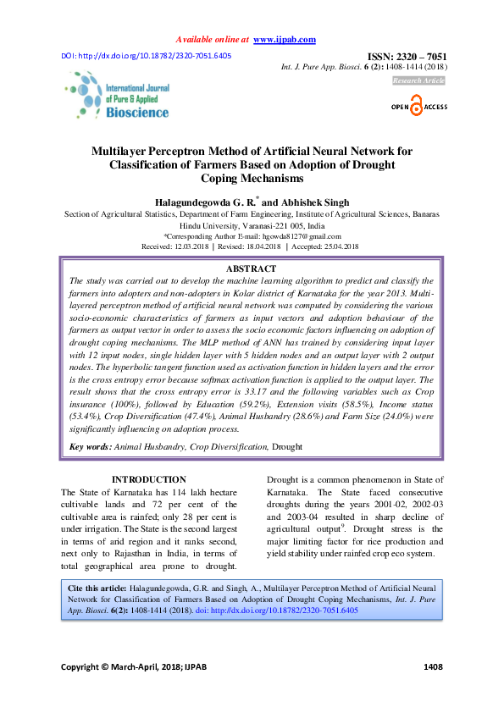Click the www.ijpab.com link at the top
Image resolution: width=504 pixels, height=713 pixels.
285,40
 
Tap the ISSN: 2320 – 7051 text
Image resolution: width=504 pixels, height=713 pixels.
406,57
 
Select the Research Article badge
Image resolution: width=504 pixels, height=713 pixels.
418,80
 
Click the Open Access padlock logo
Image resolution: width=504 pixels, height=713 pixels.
417,108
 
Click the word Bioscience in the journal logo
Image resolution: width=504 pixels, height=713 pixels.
136,113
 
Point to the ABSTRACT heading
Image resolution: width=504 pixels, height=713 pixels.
252,268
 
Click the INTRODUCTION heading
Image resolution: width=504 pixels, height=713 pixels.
149,479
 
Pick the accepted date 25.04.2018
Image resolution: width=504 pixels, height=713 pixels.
337,246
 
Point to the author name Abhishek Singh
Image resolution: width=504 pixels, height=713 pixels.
313,202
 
